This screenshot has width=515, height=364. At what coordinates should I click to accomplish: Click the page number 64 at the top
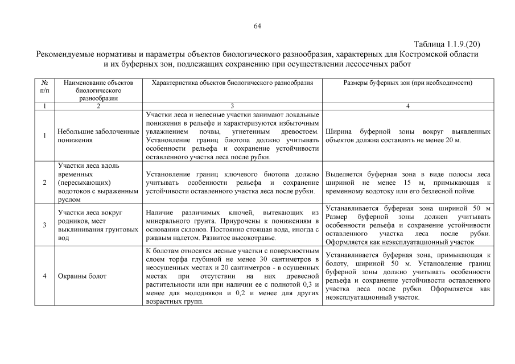click(x=257, y=27)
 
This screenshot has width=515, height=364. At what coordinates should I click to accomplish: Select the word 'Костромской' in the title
click(x=409, y=54)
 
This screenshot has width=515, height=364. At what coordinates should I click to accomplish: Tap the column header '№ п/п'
click(x=45, y=86)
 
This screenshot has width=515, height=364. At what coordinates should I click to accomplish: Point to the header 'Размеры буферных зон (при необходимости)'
click(x=407, y=83)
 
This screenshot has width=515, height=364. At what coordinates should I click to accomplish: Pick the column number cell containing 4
click(x=407, y=106)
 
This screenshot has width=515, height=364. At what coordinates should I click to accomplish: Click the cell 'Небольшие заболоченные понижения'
click(x=98, y=136)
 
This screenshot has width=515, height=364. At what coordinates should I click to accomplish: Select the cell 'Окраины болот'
click(x=83, y=276)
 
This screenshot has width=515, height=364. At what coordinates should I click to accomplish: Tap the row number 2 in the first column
click(x=45, y=183)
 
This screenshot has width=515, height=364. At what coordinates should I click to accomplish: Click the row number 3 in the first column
click(x=45, y=225)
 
